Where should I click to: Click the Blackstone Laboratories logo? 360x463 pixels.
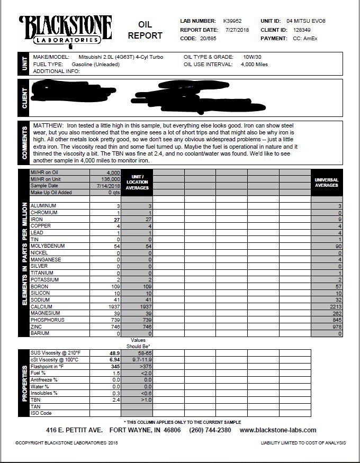66,30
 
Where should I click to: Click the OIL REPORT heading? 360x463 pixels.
145,31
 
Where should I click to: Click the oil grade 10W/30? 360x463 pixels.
254,57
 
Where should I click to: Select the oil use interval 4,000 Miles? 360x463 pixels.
254,65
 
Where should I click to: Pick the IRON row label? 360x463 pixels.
37,219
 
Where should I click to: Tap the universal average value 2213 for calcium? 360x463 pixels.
336,306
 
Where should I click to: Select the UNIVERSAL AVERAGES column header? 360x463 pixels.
326,183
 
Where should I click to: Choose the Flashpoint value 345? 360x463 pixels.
115,366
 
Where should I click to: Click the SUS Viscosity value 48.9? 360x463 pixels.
114,352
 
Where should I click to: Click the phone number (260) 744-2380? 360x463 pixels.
211,430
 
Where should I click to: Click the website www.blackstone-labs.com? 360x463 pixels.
278,430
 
